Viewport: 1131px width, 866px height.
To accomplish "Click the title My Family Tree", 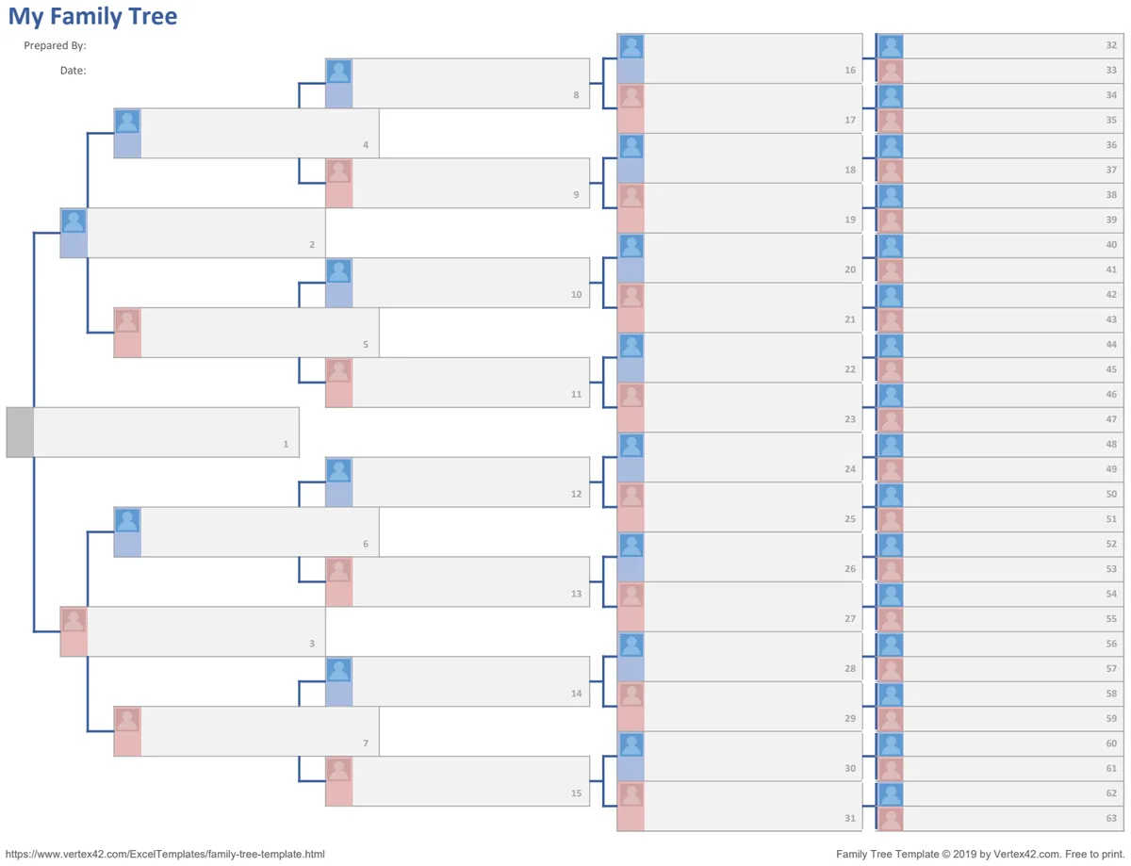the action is (x=92, y=17).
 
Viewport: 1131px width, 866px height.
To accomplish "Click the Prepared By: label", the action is (x=56, y=46).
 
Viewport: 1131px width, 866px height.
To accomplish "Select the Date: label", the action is (x=73, y=71).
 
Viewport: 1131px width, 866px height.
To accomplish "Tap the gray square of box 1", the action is (x=21, y=433).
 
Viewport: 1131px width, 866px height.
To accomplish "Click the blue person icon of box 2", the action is (x=74, y=221).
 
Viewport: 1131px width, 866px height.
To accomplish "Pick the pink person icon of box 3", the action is (x=74, y=619).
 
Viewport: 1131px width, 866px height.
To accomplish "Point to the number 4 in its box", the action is (x=366, y=145).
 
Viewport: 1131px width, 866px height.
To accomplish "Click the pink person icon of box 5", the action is (x=127, y=320).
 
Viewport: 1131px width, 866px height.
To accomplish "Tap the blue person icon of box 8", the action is (x=339, y=72).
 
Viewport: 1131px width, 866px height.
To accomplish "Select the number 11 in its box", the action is (x=576, y=394).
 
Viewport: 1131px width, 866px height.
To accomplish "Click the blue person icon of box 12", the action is (x=339, y=470).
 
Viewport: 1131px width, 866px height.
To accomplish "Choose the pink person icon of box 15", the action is (x=339, y=769).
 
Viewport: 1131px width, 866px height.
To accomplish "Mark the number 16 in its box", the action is (x=850, y=71).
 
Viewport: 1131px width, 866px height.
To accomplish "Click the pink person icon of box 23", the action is (x=631, y=396).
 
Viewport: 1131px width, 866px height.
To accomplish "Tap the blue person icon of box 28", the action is (x=631, y=645).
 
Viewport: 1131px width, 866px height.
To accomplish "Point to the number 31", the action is (x=850, y=818).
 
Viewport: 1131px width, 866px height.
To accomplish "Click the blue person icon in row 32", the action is (x=891, y=46).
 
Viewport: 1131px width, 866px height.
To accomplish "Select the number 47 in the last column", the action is (x=1111, y=419).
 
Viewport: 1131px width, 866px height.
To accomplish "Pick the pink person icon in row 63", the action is (x=891, y=819).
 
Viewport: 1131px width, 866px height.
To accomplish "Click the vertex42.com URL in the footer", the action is (x=165, y=854).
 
